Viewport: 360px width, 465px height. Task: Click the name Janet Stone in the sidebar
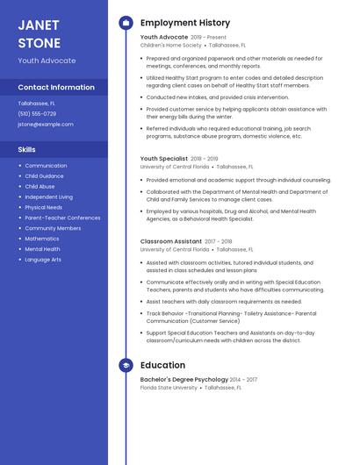[40, 33]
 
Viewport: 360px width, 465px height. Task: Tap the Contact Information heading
[56, 87]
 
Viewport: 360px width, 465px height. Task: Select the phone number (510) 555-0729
[37, 114]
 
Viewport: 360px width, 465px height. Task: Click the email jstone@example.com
[46, 125]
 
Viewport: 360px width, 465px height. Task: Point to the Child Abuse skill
[40, 187]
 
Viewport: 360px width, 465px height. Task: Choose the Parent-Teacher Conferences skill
[62, 218]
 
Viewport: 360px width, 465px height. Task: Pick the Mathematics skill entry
[42, 239]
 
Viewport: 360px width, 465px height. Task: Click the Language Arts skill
[43, 260]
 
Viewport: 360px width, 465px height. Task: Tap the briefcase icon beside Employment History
[126, 22]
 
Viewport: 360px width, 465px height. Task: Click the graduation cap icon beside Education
[126, 365]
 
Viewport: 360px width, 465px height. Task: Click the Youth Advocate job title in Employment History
[164, 38]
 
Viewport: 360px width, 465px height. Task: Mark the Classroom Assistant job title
[171, 241]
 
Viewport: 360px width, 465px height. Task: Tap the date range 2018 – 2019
[205, 159]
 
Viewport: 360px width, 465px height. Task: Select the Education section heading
[162, 365]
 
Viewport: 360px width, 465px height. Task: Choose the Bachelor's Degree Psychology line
[184, 380]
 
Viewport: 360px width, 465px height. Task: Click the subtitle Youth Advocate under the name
[47, 61]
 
